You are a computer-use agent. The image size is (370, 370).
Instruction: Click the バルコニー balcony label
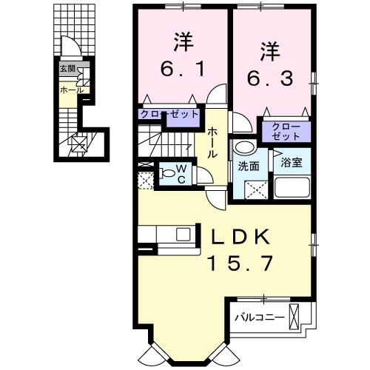tap(259, 317)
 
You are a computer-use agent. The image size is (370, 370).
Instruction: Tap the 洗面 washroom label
tap(248, 166)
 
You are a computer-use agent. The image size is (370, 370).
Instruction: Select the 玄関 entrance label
tap(67, 70)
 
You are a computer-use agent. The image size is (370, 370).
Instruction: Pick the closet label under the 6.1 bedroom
tap(170, 115)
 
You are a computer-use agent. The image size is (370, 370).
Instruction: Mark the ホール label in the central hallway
tap(212, 142)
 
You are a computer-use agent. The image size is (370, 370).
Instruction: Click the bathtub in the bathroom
tap(292, 186)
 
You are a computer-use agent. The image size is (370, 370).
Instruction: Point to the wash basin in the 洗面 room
tap(242, 147)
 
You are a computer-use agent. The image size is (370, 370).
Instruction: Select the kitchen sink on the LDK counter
tap(182, 235)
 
